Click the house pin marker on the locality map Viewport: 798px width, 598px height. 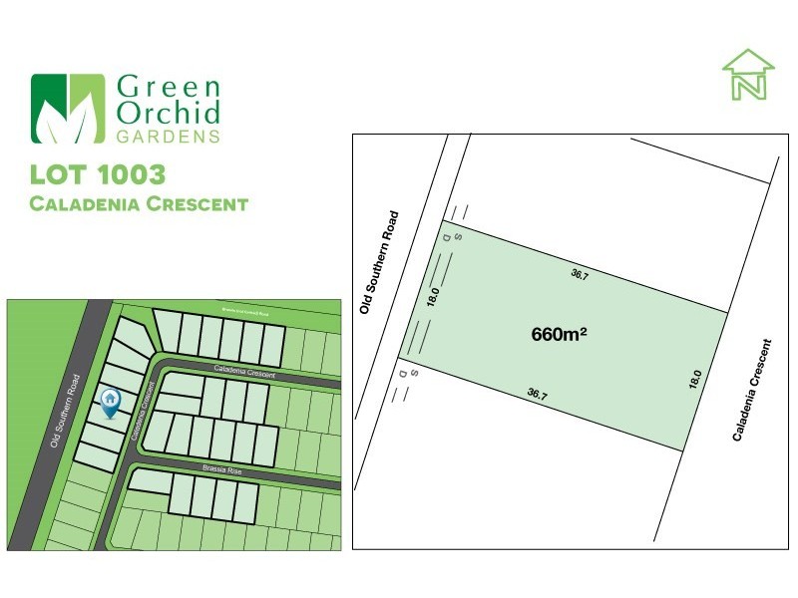click(110, 402)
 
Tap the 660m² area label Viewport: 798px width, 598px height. click(559, 335)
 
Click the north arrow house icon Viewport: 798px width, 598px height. click(748, 74)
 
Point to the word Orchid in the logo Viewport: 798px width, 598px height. click(169, 112)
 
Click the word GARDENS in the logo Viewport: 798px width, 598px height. click(168, 136)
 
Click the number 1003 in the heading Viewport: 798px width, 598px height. click(127, 174)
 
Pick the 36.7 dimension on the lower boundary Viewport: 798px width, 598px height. click(537, 395)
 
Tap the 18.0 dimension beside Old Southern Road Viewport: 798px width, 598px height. click(433, 297)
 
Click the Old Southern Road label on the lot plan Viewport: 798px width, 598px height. click(379, 262)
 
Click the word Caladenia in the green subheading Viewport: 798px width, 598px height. click(88, 205)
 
